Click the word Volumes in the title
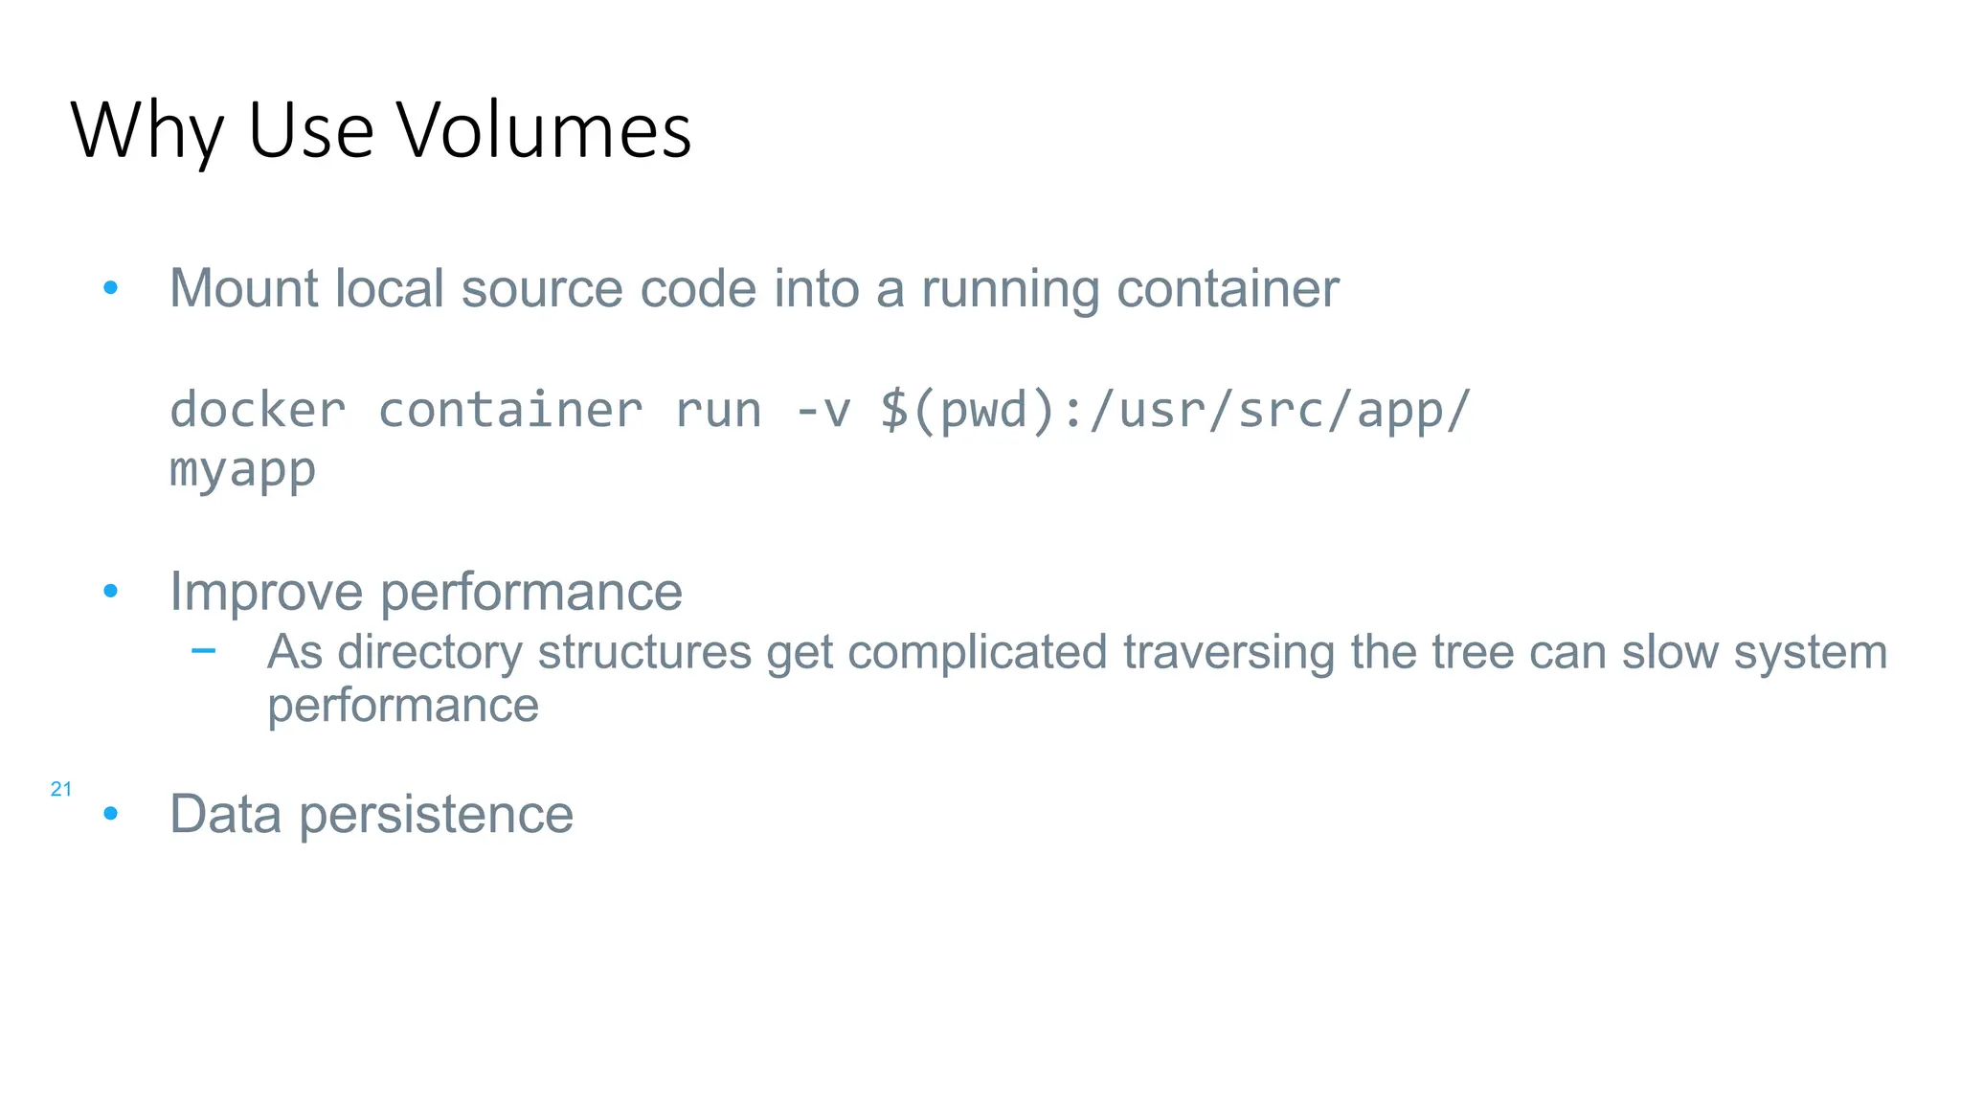[x=544, y=130]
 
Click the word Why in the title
[x=147, y=132]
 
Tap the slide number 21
[x=61, y=789]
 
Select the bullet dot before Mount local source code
[x=111, y=287]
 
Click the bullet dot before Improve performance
[x=111, y=591]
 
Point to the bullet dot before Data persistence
[x=111, y=814]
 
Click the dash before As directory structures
[x=203, y=652]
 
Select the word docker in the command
[x=258, y=411]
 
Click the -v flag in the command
[x=823, y=411]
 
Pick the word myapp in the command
[x=242, y=470]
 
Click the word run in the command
[x=718, y=411]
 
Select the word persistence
[x=436, y=815]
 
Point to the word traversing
[x=1228, y=653]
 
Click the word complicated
[x=977, y=653]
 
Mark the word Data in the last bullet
[x=225, y=814]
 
